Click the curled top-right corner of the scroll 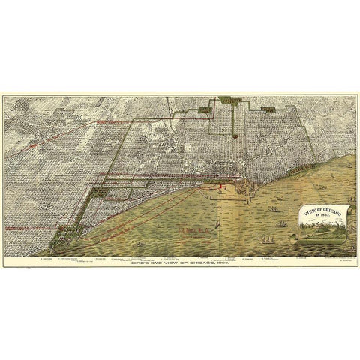point(344,205)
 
